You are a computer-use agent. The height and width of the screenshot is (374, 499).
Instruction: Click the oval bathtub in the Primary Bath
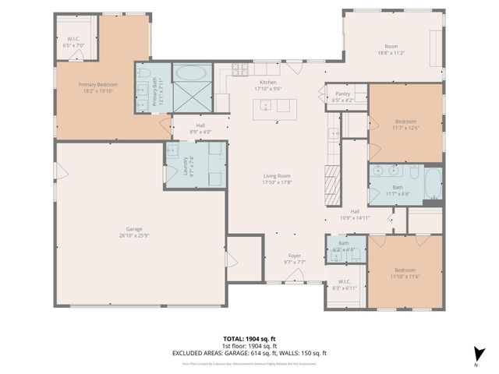point(190,73)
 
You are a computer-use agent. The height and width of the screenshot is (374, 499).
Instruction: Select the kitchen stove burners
point(239,71)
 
